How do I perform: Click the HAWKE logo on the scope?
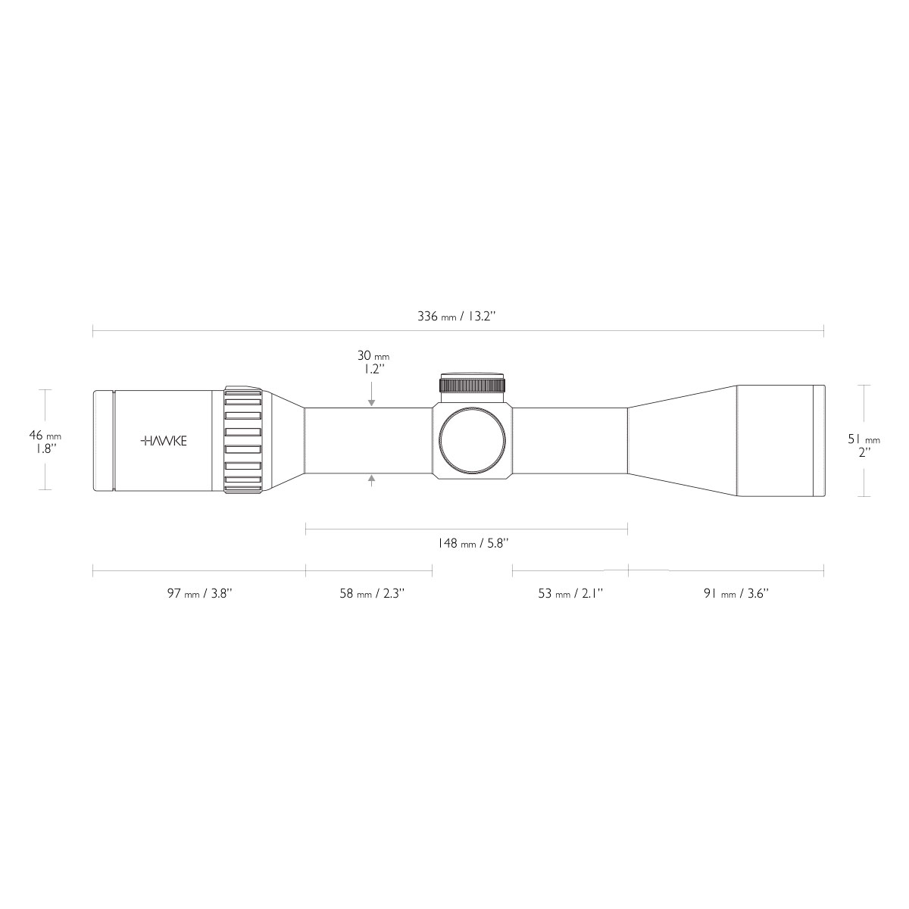coord(164,441)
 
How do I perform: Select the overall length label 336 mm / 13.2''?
coord(456,317)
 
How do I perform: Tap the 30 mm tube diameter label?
coord(373,356)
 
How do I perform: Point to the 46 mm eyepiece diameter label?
coord(45,436)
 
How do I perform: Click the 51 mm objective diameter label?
coord(864,439)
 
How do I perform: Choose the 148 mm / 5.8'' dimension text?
coord(472,543)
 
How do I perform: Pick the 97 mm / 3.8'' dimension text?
coord(200,593)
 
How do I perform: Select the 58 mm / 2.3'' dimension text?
coord(372,593)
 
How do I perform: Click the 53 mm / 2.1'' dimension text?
coord(571,593)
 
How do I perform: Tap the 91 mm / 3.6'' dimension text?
coord(736,593)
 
